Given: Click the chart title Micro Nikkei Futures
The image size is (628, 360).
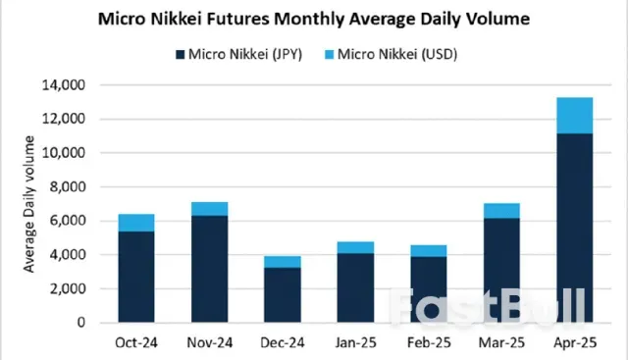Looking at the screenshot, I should [313, 18].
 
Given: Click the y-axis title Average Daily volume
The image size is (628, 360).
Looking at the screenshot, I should [29, 204].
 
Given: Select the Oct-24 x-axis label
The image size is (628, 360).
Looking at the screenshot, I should [135, 342].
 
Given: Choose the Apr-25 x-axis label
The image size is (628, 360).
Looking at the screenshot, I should [574, 342].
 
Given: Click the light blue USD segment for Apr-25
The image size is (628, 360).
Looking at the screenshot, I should [574, 115].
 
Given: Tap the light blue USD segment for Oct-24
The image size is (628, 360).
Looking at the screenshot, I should [136, 223].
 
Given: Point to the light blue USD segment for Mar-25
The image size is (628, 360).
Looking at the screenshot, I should [501, 210].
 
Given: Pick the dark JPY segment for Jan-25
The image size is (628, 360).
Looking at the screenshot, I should [355, 287].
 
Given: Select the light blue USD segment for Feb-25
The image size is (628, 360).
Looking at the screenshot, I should [428, 250].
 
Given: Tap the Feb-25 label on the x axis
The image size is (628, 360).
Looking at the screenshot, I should [428, 342].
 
